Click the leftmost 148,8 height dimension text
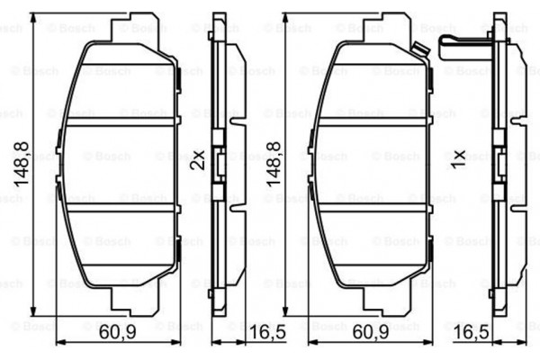pos(22,164)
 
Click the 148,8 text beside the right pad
pos(274,164)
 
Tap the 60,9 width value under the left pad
pos(117,332)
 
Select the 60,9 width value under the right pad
pos(371,332)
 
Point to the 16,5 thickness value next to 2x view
pos(267,332)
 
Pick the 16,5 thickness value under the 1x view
pos(472,332)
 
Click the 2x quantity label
pos(198,160)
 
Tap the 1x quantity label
pos(458,159)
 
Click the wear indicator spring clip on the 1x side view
pos(465,48)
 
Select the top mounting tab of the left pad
pos(135,28)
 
